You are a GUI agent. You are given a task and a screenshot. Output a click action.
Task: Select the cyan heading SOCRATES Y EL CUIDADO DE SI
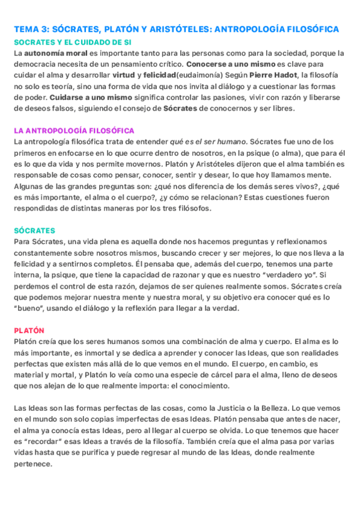(72, 42)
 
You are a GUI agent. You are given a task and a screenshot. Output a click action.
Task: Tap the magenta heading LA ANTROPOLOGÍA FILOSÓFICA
(74, 131)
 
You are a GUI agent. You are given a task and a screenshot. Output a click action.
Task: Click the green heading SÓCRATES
(34, 230)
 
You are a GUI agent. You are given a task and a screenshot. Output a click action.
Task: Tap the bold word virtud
(124, 75)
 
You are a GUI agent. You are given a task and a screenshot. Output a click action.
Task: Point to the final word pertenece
(34, 464)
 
